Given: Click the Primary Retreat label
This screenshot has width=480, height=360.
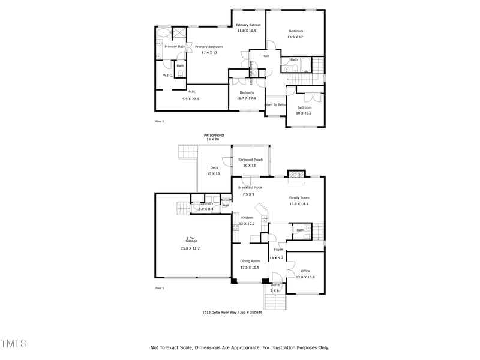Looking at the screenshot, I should [x=248, y=25].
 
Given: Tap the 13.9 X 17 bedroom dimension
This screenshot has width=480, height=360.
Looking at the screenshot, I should [x=296, y=37].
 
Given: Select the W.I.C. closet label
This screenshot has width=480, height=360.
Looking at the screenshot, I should [x=167, y=76].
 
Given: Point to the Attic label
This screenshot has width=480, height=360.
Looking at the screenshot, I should [x=192, y=92].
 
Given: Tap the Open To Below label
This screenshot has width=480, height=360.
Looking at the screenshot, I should [x=277, y=104].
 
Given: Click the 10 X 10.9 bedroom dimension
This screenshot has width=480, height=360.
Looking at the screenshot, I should [x=304, y=113].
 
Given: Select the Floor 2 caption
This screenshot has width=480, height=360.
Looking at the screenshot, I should [x=160, y=121].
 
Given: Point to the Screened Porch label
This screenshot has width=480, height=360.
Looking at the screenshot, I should [x=250, y=160].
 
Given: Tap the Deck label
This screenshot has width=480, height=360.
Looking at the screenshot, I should [x=214, y=168].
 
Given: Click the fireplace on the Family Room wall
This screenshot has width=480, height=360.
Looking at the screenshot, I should [x=296, y=175].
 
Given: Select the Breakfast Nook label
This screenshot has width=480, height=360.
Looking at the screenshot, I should [x=250, y=188].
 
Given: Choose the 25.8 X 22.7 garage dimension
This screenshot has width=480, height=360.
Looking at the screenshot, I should [x=190, y=248].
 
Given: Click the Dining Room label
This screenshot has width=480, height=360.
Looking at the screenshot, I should [x=250, y=261].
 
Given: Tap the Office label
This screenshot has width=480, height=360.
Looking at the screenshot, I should [x=305, y=271].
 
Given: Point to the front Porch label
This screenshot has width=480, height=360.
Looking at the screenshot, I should [x=275, y=285].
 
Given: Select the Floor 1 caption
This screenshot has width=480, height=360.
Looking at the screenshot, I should [x=160, y=288].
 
